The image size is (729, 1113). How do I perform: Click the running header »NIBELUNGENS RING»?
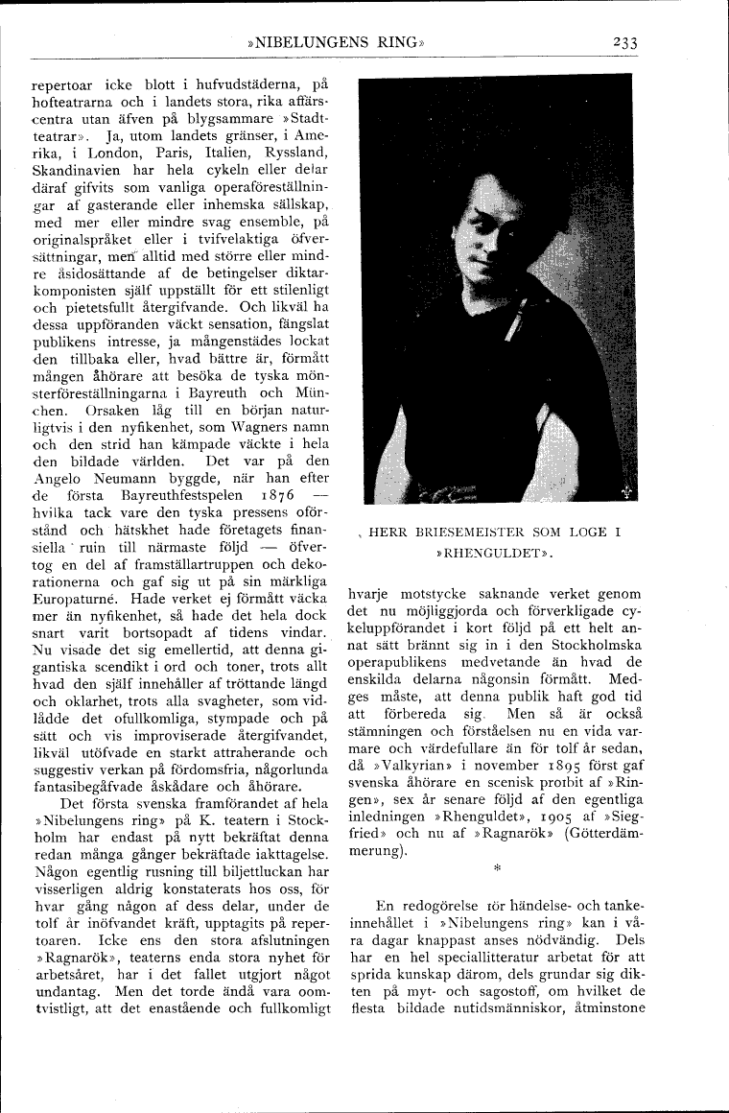coord(335,42)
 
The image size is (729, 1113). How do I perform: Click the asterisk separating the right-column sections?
coord(497,869)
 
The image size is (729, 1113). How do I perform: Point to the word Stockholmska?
coord(598,644)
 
